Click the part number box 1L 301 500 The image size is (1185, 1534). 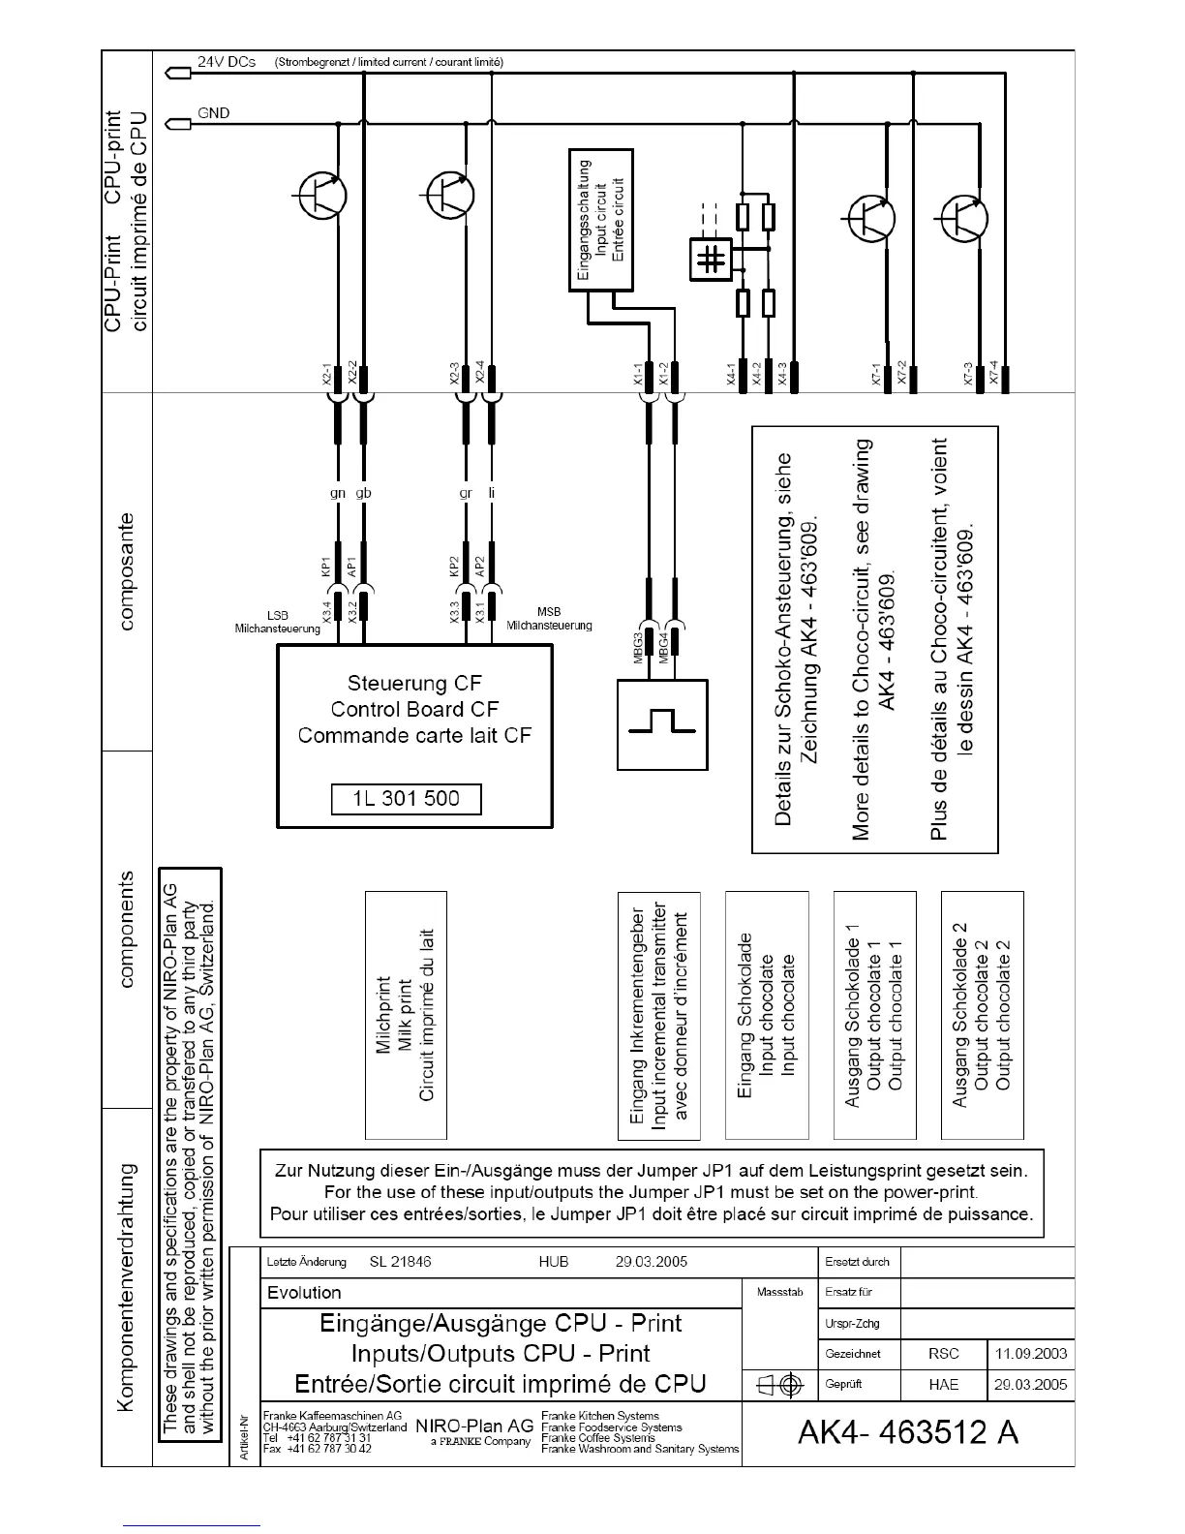click(x=406, y=799)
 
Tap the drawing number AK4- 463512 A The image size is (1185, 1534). click(x=907, y=1431)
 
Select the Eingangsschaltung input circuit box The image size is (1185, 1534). click(x=600, y=220)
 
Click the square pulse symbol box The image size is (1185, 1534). click(x=662, y=723)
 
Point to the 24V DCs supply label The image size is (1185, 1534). click(x=227, y=62)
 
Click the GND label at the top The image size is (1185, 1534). click(x=213, y=113)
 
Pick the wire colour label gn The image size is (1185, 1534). click(x=338, y=493)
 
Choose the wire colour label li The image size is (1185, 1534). click(x=492, y=493)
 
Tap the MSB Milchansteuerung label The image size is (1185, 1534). click(x=549, y=619)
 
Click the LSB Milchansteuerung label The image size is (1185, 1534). click(x=278, y=622)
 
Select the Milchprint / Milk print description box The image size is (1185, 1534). click(x=406, y=1015)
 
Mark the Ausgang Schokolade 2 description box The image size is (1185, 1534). click(x=982, y=1015)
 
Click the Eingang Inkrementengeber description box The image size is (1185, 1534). click(x=658, y=1015)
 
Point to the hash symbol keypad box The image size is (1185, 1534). click(x=712, y=259)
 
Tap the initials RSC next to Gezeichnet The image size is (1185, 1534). click(x=943, y=1354)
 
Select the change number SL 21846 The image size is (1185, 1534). click(x=400, y=1262)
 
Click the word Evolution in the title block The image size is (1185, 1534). click(x=304, y=1293)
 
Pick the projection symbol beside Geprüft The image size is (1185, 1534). click(x=779, y=1386)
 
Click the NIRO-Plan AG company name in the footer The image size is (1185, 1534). click(x=474, y=1427)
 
